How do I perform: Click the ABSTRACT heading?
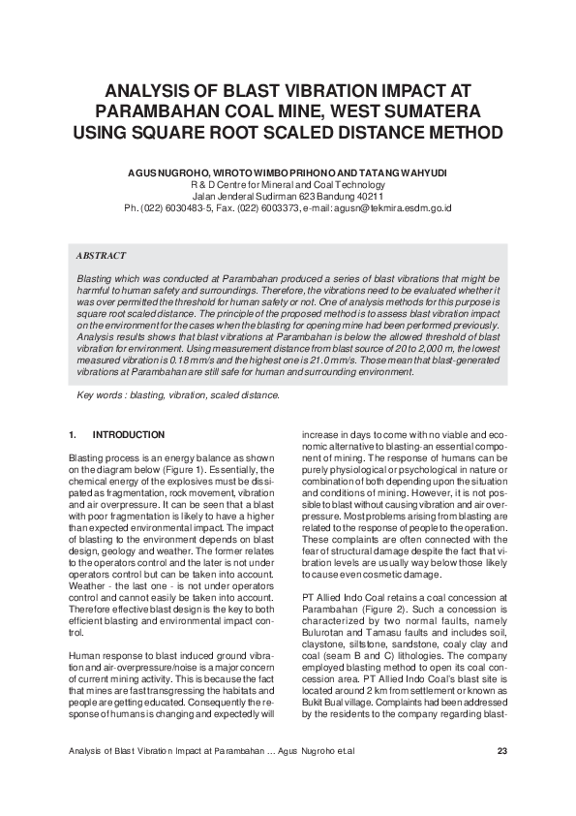click(101, 256)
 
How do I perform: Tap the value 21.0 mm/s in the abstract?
click(363, 360)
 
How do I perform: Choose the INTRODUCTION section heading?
click(128, 434)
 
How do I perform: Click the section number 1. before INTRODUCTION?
click(74, 434)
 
